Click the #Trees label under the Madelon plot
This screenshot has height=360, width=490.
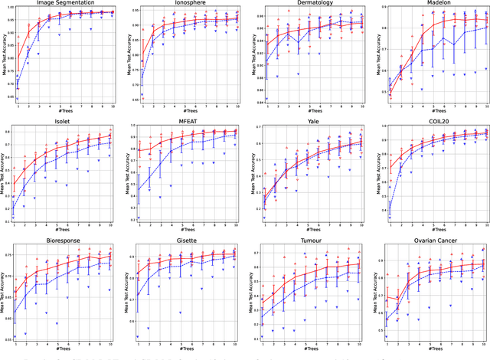(x=435, y=111)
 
